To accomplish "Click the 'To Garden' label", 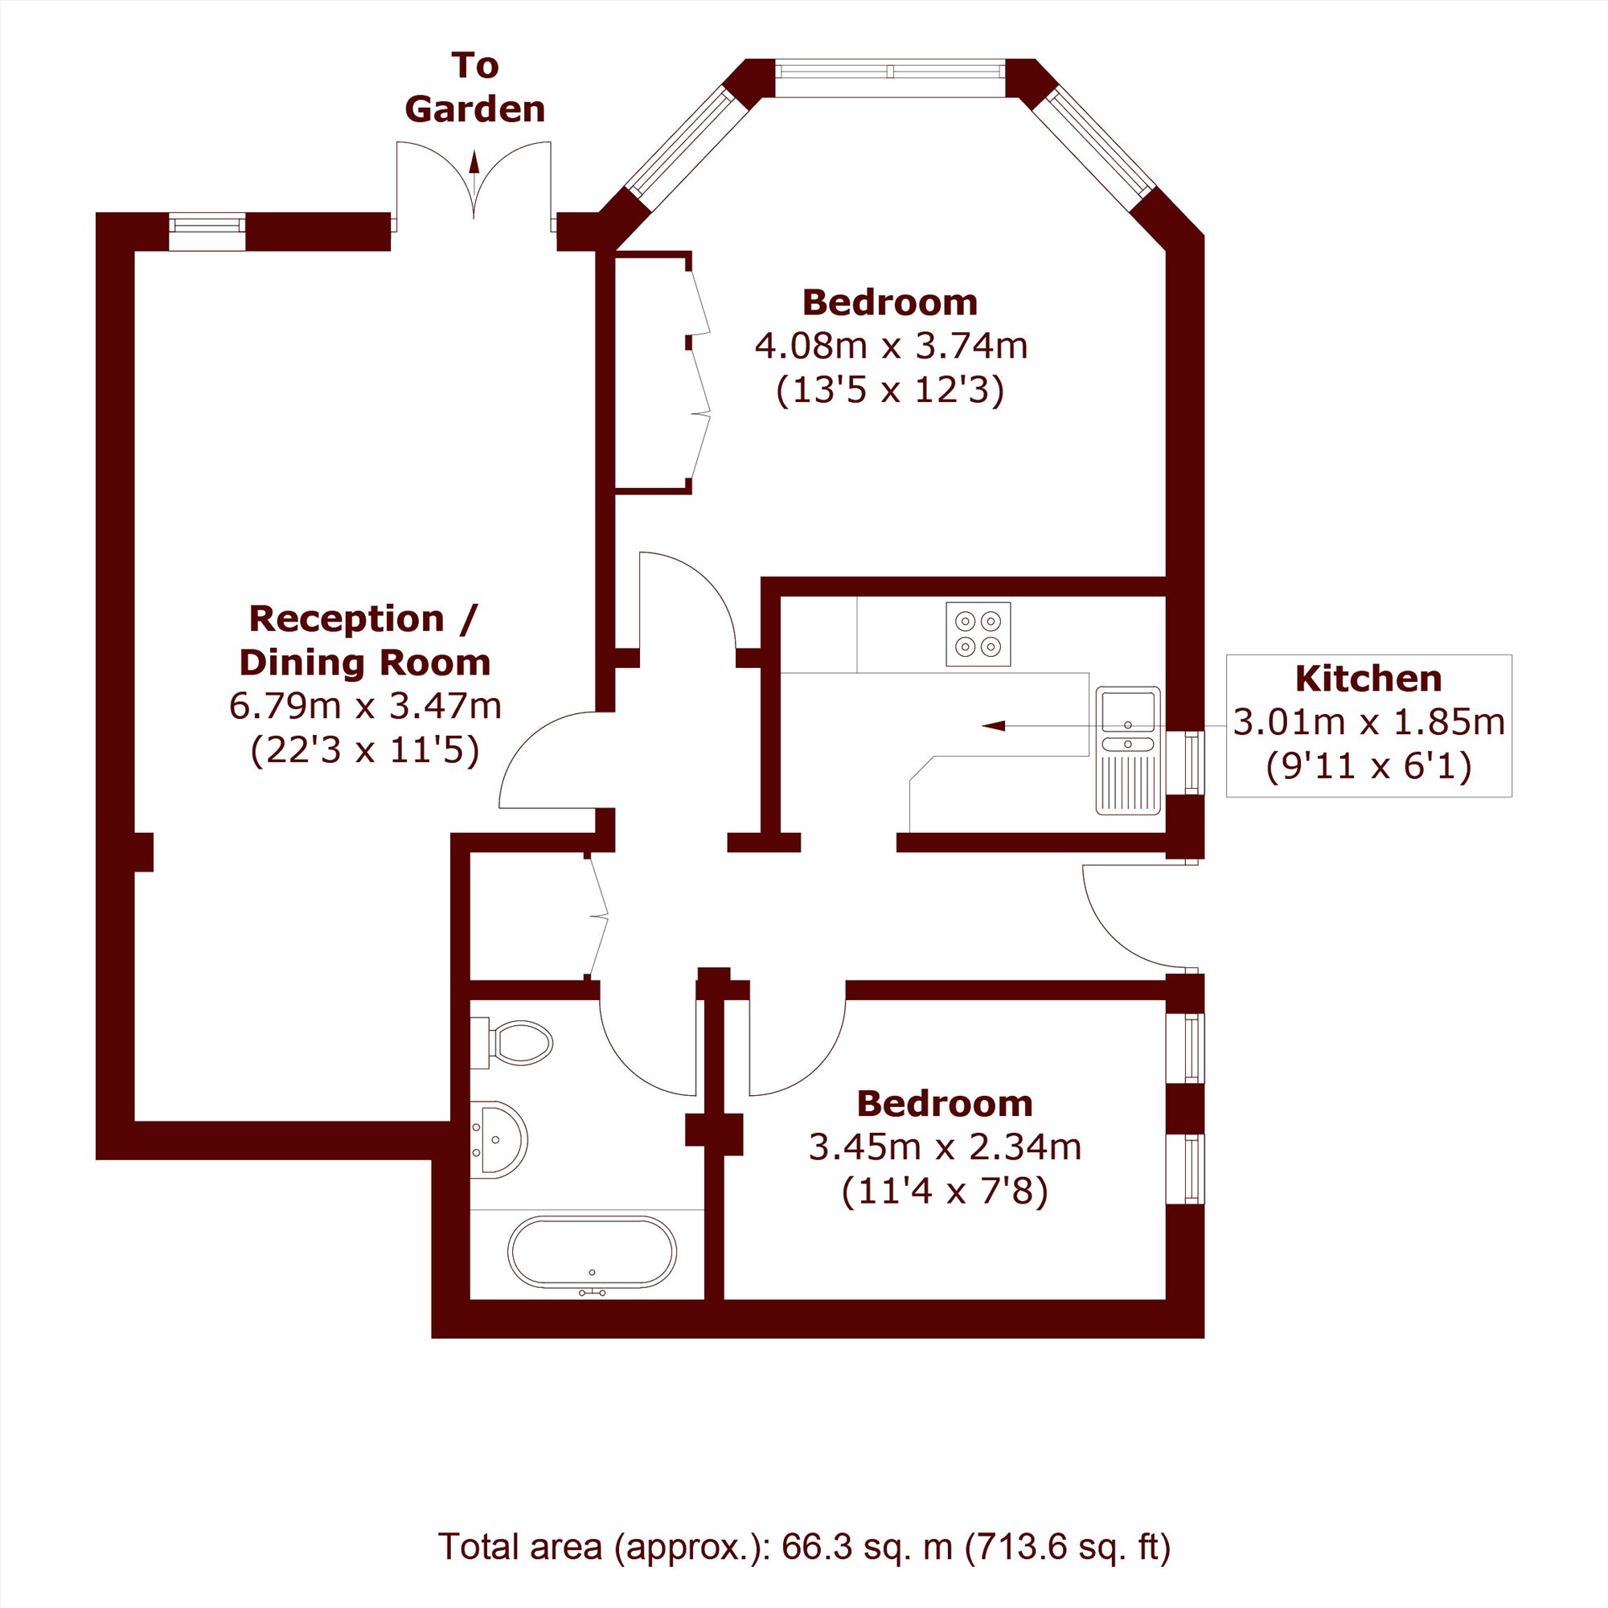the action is click(474, 88).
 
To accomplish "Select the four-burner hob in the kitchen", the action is click(978, 634).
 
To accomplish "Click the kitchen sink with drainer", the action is click(1128, 750).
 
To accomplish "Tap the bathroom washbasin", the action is click(498, 1139).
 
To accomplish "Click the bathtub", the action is click(592, 1253).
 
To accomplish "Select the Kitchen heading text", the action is click(1368, 679).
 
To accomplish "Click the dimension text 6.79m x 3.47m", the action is click(365, 707).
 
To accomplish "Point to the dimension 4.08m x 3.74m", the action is click(891, 346).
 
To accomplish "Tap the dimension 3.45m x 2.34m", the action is click(945, 1147).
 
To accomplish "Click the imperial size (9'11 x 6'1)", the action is click(1368, 765).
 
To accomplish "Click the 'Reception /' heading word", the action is click(363, 619).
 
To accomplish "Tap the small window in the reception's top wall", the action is click(207, 232).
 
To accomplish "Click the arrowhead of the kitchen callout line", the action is click(993, 726).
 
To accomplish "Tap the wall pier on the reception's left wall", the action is click(144, 852).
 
